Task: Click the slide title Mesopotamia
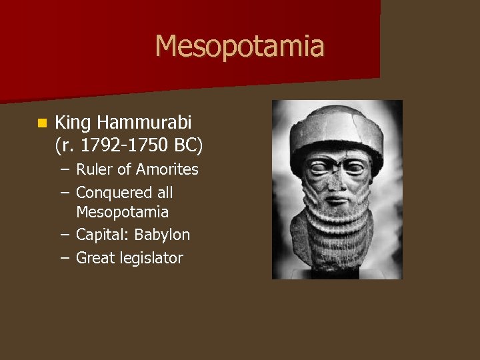(x=239, y=47)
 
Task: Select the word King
(x=73, y=123)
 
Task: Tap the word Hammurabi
(x=143, y=123)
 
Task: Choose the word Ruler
(x=95, y=169)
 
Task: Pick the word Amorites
(x=167, y=169)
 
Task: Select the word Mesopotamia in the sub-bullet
(x=122, y=213)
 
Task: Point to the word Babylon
(x=162, y=235)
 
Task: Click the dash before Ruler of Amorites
(x=64, y=169)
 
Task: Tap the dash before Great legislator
(x=64, y=258)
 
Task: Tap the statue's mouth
(x=338, y=199)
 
